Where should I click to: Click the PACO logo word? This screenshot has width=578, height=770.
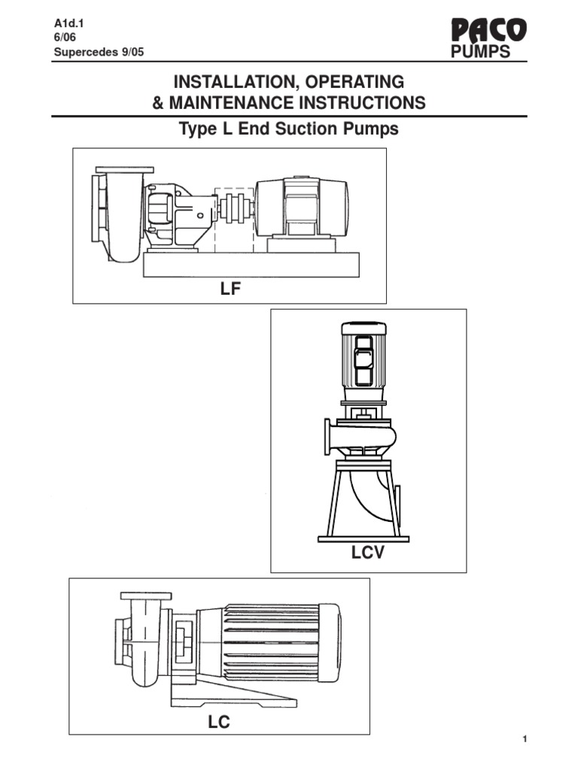pos(488,32)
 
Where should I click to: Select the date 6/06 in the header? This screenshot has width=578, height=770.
pos(65,38)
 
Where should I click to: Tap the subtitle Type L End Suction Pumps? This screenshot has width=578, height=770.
pos(288,129)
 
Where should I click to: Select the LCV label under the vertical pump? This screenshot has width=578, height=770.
pos(367,554)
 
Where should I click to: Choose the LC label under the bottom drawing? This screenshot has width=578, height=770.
pos(219,723)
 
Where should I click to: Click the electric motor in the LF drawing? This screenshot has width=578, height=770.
pos(301,208)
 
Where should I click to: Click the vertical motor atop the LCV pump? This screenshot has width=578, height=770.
pos(364,361)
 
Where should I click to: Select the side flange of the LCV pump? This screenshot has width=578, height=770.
pos(327,436)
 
